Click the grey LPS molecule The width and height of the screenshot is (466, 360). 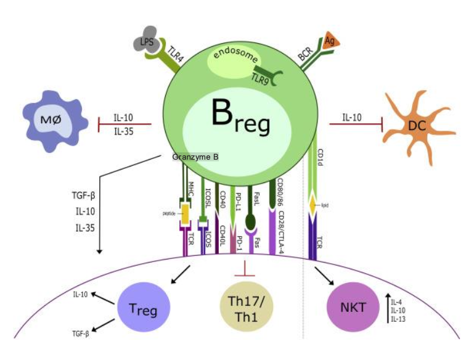[146, 43]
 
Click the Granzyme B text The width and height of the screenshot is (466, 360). [195, 158]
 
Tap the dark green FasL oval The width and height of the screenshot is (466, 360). [251, 220]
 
